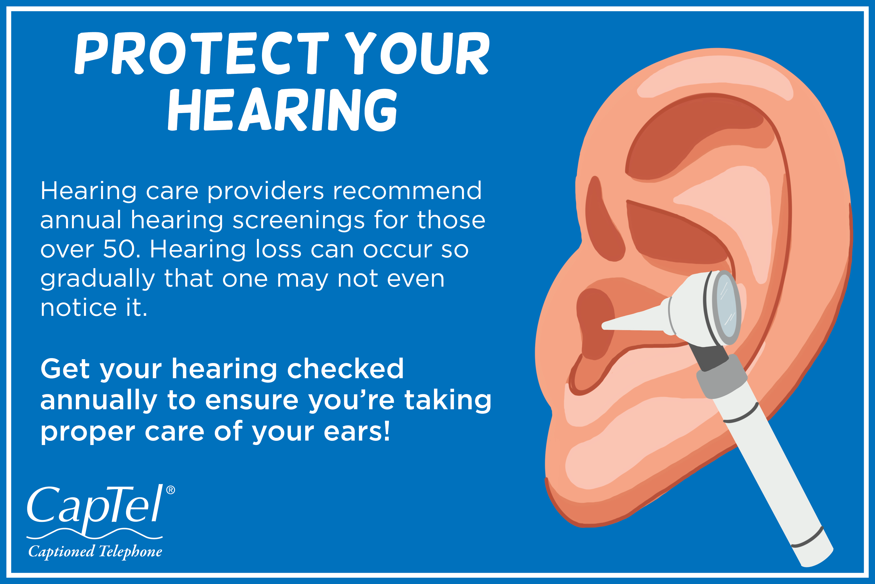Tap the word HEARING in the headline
283,110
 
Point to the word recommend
407,191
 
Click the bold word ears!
357,432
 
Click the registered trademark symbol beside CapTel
170,490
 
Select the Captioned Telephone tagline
95,552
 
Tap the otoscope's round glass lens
726,307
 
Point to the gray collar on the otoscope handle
722,376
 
